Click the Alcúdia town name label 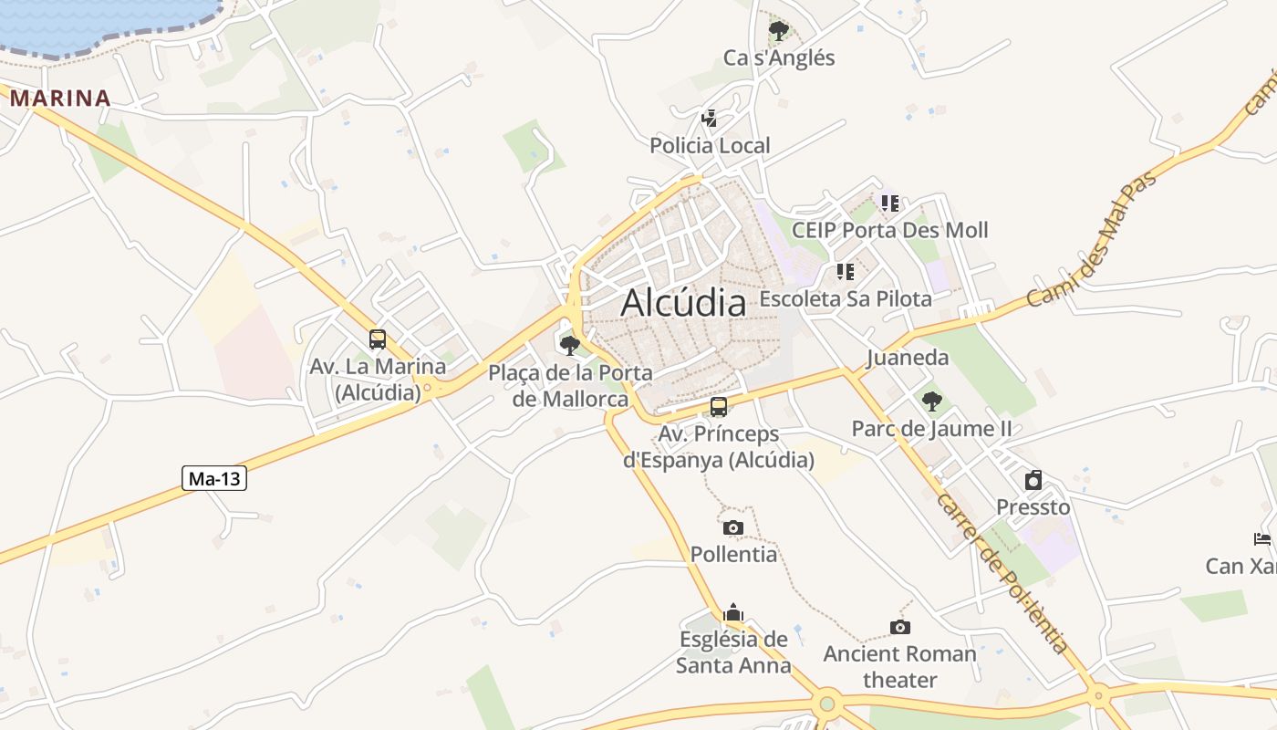click(683, 303)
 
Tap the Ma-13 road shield click(214, 478)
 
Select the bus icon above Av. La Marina click(378, 339)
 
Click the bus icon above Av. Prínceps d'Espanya click(719, 407)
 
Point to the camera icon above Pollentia click(732, 527)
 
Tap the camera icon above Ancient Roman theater click(900, 627)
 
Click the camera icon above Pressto click(1033, 480)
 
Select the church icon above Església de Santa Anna click(733, 613)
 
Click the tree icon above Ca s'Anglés click(778, 32)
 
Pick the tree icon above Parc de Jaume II click(931, 401)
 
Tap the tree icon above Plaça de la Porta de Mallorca click(570, 345)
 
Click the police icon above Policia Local click(709, 119)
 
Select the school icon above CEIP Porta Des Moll click(890, 203)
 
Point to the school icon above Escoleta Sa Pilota click(846, 272)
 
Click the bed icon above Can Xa click(1262, 539)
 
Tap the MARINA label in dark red click(60, 99)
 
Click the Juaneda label click(908, 358)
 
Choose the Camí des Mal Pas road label click(1091, 240)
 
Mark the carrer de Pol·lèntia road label click(1001, 573)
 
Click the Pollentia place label click(734, 554)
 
